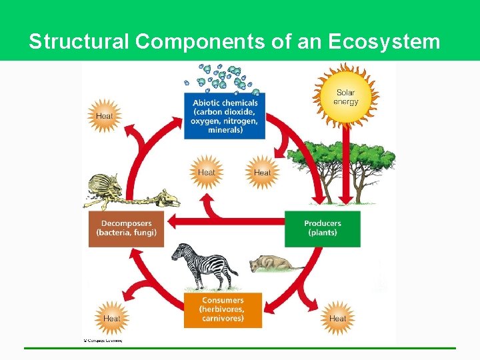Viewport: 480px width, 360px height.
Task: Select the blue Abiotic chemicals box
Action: pos(225,116)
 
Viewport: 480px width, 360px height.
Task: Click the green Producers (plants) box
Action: pos(323,228)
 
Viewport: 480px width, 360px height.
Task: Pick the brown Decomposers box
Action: pos(126,229)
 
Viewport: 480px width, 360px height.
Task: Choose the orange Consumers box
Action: pos(223,309)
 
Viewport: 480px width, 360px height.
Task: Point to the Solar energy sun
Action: pos(346,97)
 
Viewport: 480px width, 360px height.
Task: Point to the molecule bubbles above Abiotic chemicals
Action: pos(224,77)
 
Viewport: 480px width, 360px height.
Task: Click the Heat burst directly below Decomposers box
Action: pos(111,318)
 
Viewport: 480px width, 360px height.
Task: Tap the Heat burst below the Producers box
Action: pos(337,318)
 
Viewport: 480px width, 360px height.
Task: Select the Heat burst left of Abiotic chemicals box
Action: pos(104,116)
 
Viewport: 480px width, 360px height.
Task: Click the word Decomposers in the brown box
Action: pos(126,223)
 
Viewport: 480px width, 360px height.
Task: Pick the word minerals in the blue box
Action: pos(225,130)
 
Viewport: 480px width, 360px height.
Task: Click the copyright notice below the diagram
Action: pos(103,340)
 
